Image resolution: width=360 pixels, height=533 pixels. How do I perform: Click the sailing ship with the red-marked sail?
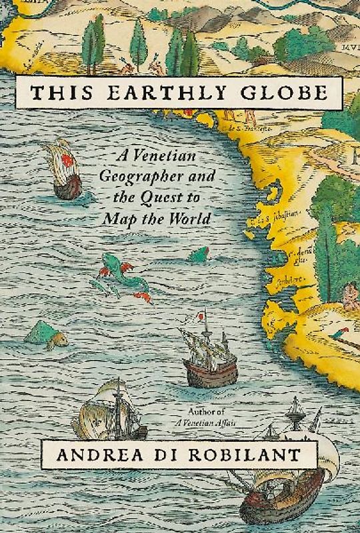click(x=66, y=170)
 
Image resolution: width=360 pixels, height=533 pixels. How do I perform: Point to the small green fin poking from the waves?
click(x=199, y=254)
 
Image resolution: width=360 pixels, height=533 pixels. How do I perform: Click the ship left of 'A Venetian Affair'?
click(x=112, y=410)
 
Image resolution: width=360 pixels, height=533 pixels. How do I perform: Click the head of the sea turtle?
click(x=62, y=340)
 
